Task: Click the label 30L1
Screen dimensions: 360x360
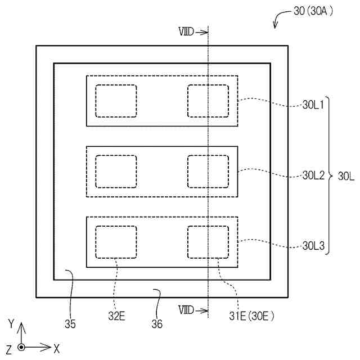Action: (x=313, y=105)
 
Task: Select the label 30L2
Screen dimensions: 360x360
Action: (x=313, y=175)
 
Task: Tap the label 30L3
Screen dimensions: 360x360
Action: (x=313, y=246)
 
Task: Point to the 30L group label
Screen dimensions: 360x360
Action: (x=346, y=175)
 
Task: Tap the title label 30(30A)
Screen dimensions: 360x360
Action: (x=313, y=11)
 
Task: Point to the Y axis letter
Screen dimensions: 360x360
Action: (x=11, y=324)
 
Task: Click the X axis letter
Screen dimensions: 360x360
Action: (x=57, y=349)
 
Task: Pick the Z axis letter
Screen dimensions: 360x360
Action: (x=8, y=349)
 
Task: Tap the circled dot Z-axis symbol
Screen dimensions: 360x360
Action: (x=21, y=348)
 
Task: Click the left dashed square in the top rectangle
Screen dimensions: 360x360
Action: (x=116, y=101)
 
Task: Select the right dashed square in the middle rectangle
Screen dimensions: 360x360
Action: (x=208, y=172)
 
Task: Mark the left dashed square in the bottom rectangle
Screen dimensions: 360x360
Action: (x=116, y=242)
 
